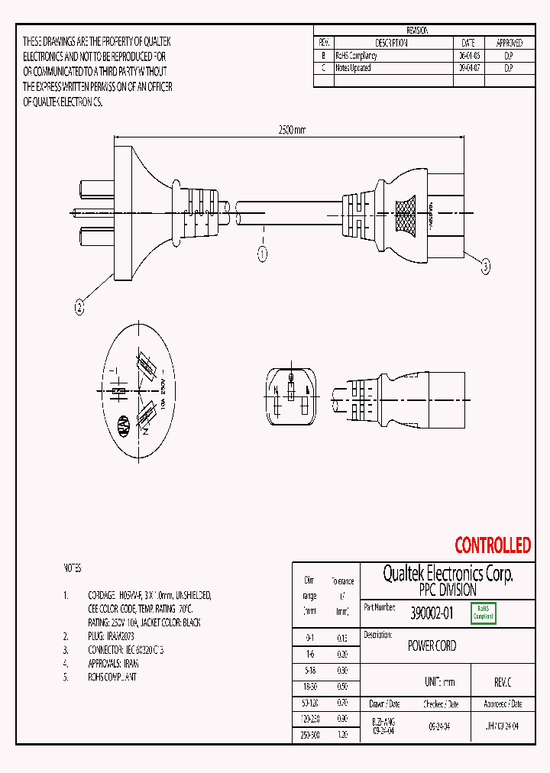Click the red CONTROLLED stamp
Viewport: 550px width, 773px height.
pyautogui.click(x=492, y=545)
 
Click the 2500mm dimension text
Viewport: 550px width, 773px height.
pyautogui.click(x=290, y=131)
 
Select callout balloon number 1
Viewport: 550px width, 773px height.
pyautogui.click(x=262, y=253)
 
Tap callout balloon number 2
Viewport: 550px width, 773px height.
pyautogui.click(x=78, y=308)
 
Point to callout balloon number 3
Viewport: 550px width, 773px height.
pyautogui.click(x=485, y=267)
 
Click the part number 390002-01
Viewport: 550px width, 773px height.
pyautogui.click(x=432, y=613)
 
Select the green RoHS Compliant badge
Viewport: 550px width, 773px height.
pyautogui.click(x=484, y=613)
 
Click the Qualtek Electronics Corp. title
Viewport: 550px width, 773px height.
pyautogui.click(x=447, y=574)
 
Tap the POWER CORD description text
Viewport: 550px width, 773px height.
pyautogui.click(x=432, y=645)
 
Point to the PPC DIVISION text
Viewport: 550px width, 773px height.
pyautogui.click(x=447, y=590)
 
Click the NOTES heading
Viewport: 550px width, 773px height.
pyautogui.click(x=72, y=569)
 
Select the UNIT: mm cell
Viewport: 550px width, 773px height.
pyautogui.click(x=439, y=682)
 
